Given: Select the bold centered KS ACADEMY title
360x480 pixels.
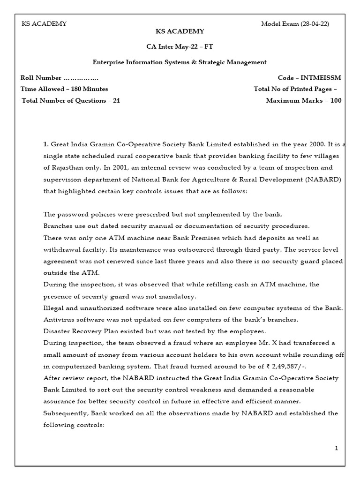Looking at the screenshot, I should [180, 31].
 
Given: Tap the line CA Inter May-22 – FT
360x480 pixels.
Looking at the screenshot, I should [180, 47].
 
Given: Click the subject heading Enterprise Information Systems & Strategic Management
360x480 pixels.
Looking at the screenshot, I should [180, 62].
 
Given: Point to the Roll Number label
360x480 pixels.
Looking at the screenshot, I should [41, 78].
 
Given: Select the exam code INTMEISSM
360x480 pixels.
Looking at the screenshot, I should [322, 78].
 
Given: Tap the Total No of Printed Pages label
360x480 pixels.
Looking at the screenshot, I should [292, 89].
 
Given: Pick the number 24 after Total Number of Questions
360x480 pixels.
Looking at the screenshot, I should [116, 100].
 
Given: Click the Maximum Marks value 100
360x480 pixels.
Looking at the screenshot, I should [336, 100].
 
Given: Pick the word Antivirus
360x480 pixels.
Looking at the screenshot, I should [59, 320].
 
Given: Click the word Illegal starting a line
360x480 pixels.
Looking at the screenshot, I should [53, 308].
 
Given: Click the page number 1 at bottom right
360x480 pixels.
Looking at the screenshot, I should [337, 449].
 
